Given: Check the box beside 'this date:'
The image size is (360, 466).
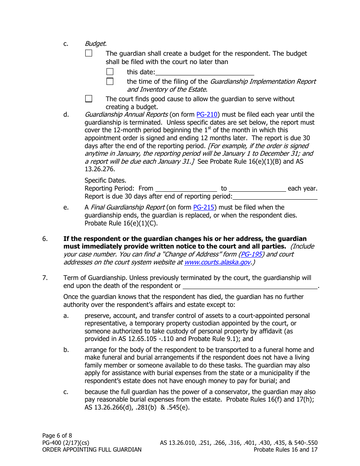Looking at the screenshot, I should point(110,72).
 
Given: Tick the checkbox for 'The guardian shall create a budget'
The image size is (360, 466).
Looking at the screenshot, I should point(89,53).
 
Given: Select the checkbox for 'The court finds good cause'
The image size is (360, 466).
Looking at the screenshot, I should point(89,99).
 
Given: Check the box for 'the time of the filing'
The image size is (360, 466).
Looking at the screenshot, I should point(110,81).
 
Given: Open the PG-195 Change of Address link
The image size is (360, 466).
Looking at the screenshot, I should point(251,254).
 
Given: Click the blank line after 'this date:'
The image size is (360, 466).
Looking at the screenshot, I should point(205,72).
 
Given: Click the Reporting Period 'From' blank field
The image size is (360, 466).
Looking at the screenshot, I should point(186,188).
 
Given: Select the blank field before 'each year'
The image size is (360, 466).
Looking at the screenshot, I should point(257,188).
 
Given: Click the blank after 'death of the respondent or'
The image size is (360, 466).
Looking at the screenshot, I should point(250,286).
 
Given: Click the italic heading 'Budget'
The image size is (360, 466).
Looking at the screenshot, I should point(95,44).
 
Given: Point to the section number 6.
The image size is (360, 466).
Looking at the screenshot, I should point(45,239).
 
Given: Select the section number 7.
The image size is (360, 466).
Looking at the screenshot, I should point(45,278).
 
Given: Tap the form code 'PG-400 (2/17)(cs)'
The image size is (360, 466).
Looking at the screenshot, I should point(66,443).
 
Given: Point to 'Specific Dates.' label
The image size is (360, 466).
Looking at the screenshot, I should point(105,180).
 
